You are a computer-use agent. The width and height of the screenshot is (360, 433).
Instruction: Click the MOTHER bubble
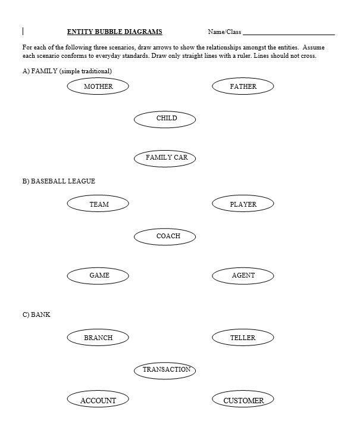98,86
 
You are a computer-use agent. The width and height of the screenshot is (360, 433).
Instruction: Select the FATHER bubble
243,86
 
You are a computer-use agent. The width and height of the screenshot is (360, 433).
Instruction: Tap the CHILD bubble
167,118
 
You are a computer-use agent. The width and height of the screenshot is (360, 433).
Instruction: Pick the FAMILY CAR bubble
167,158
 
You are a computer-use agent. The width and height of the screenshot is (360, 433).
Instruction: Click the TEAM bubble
99,204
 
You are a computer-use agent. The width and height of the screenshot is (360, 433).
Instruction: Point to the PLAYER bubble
243,204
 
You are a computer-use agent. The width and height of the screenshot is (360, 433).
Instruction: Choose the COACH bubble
168,236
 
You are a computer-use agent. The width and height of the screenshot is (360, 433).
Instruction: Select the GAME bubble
99,275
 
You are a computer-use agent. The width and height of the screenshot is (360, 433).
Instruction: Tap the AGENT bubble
243,275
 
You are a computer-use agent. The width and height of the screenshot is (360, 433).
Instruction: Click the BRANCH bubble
98,338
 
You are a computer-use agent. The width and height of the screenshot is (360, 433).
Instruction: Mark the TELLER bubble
243,338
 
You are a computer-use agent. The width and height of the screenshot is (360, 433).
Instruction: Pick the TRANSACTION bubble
167,370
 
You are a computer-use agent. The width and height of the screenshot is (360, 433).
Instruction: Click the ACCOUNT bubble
98,400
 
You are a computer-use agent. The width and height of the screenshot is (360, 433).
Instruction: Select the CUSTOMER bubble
243,400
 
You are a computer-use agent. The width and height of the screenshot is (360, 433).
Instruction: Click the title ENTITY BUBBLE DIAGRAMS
114,32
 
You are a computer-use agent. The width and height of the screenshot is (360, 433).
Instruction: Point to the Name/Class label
224,32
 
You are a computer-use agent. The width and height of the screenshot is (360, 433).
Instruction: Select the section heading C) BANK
36,314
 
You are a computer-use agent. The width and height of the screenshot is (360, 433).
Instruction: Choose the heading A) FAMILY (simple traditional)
67,71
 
